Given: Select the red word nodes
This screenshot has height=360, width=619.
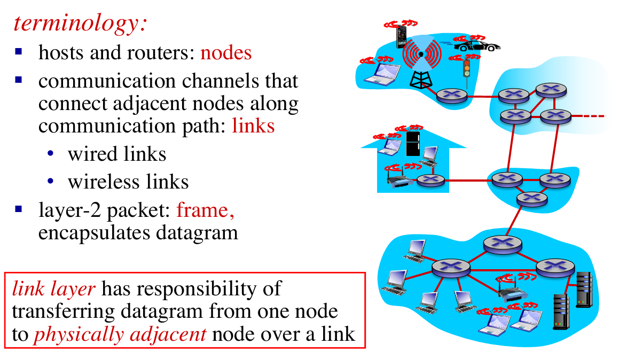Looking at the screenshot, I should click(226, 53).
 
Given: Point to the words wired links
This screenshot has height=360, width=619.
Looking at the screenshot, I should click(117, 154).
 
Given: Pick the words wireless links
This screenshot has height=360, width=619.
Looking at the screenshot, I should click(128, 182).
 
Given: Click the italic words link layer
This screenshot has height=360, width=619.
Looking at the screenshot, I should click(53, 288).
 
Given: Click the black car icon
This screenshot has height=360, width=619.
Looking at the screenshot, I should click(478, 46).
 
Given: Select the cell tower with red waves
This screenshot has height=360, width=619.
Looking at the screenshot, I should click(421, 64).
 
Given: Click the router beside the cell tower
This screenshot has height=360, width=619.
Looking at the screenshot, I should click(451, 96).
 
